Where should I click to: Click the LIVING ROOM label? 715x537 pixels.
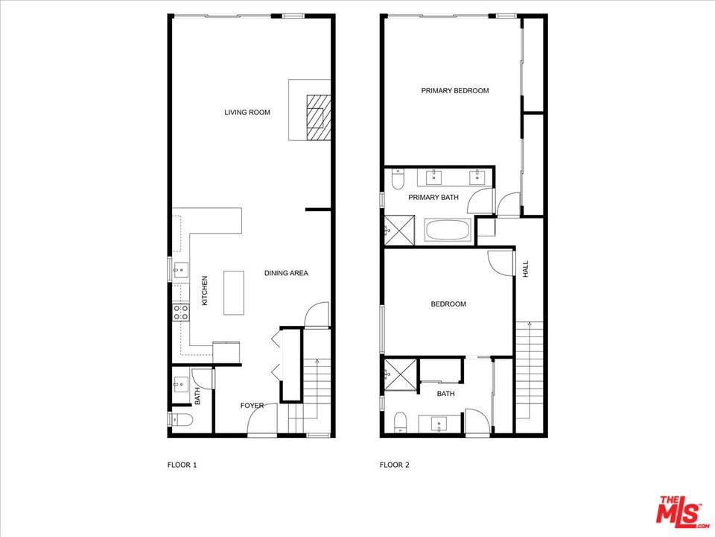[x=247, y=113]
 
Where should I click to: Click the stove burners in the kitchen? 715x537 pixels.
[x=180, y=313]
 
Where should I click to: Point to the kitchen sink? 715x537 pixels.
[x=179, y=268]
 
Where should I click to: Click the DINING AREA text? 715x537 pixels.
[x=286, y=273]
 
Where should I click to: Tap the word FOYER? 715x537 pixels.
[x=252, y=406]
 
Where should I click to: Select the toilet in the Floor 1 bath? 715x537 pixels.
[x=181, y=421]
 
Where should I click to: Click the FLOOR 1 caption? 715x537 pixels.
[x=182, y=465]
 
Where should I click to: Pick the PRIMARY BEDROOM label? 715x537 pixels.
[x=454, y=91]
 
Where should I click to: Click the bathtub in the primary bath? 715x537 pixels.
[x=448, y=230]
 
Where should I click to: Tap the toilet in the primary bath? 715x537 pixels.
[x=396, y=180]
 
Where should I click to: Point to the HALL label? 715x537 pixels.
[x=525, y=269]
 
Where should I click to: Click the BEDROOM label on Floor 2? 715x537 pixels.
[x=448, y=304]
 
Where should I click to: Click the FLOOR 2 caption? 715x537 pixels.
[x=395, y=465]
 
